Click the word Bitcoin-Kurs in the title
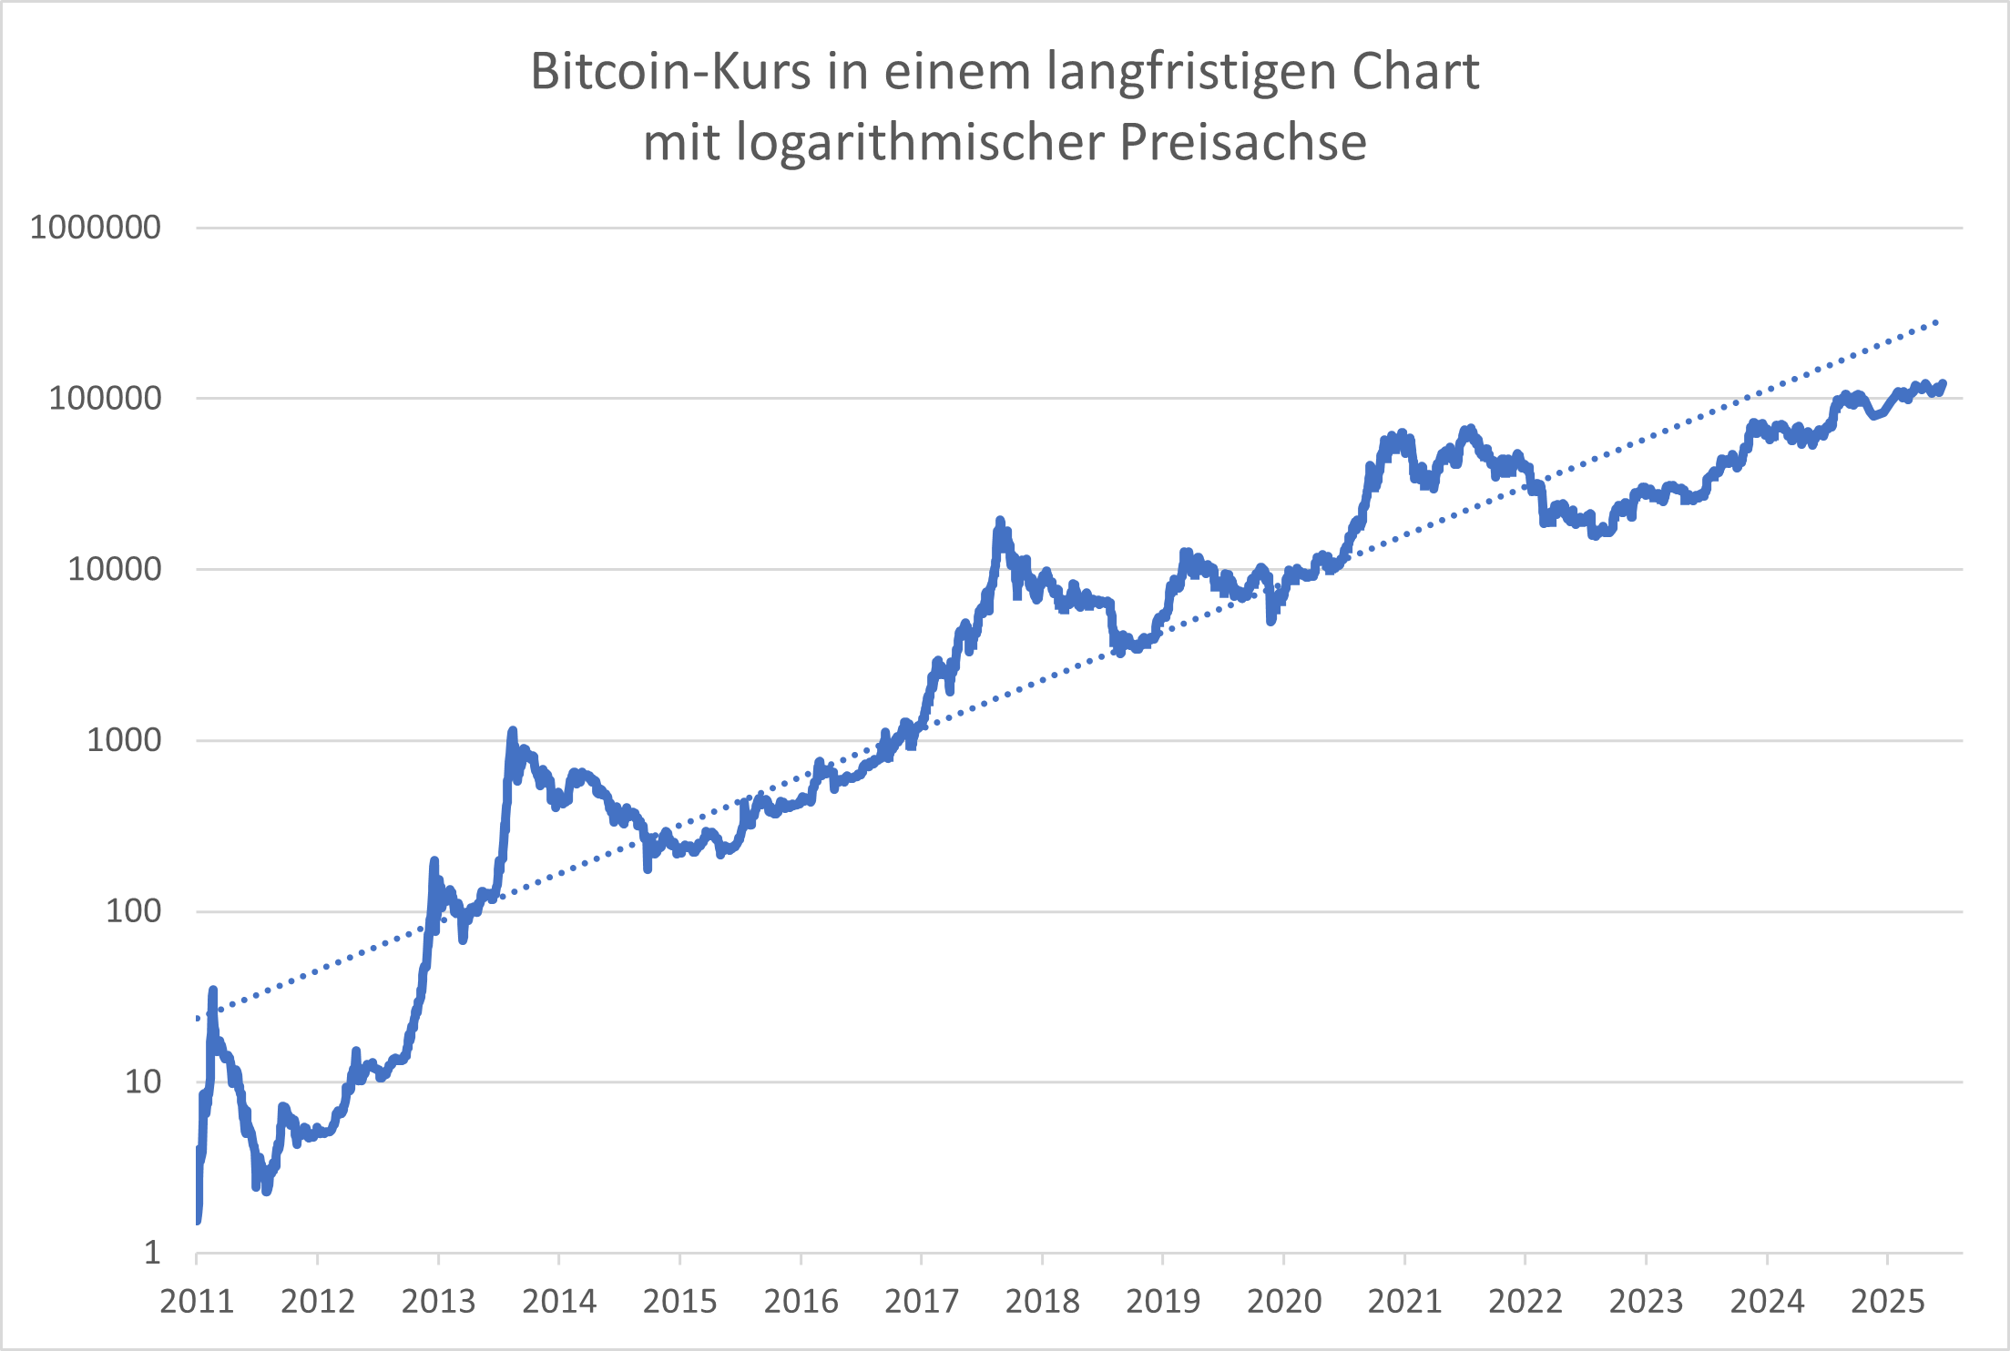(x=670, y=71)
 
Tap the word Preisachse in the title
(x=1242, y=142)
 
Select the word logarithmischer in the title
(x=920, y=142)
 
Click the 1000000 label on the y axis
(x=96, y=227)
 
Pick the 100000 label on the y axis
(x=105, y=398)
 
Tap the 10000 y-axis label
(x=115, y=569)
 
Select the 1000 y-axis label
(x=124, y=740)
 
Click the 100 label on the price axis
(x=133, y=910)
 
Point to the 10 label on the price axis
(x=142, y=1082)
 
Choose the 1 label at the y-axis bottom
(x=152, y=1253)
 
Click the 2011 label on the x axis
(x=197, y=1301)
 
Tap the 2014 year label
(x=558, y=1301)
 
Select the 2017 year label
(x=921, y=1301)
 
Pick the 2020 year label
(x=1283, y=1301)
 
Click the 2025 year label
(x=1887, y=1301)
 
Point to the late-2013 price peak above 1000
(x=513, y=730)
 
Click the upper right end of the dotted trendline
(x=1938, y=321)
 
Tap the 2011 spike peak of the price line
(x=213, y=990)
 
